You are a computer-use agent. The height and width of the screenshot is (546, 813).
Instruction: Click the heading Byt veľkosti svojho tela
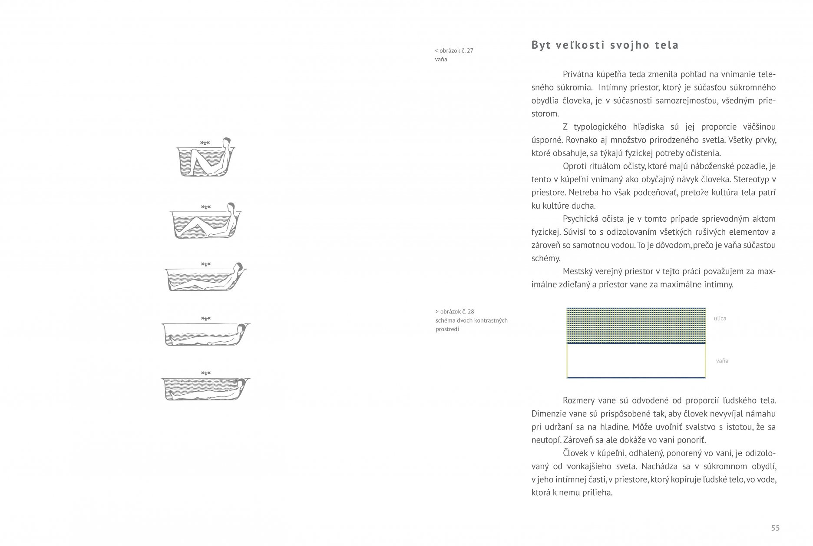tap(605, 45)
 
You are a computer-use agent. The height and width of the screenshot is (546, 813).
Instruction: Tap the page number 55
tap(775, 528)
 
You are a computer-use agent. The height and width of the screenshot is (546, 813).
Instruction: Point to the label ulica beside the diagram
tap(720, 319)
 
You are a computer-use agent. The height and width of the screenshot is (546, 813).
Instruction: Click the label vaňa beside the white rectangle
tap(722, 361)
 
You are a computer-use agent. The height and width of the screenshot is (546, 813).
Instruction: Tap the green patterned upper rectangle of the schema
tap(636, 325)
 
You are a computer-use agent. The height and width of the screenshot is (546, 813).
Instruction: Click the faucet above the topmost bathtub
tap(205, 143)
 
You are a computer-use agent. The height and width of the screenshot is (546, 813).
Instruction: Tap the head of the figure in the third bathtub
tap(238, 267)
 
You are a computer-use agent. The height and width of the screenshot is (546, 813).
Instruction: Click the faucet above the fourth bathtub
tap(205, 319)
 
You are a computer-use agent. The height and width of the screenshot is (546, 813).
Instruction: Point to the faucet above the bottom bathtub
tap(205, 373)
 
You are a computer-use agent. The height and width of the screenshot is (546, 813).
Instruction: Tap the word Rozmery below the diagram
tap(579, 401)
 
